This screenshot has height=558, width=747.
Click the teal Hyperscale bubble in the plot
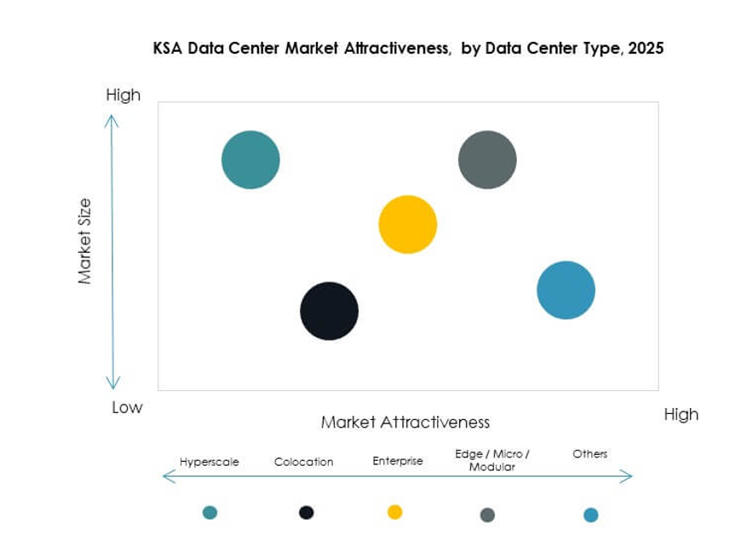pyautogui.click(x=250, y=159)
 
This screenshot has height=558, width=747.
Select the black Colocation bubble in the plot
pyautogui.click(x=329, y=311)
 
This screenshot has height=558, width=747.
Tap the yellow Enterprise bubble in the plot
pyautogui.click(x=407, y=224)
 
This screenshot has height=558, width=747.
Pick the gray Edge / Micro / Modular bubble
pyautogui.click(x=487, y=159)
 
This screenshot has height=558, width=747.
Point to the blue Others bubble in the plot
pyautogui.click(x=566, y=290)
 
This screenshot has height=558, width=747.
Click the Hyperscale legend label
pyautogui.click(x=209, y=462)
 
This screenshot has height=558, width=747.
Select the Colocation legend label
pyautogui.click(x=303, y=462)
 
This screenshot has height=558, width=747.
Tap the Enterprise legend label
pyautogui.click(x=397, y=461)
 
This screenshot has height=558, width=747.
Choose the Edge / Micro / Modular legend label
pyautogui.click(x=492, y=460)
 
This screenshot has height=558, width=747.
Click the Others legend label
pyautogui.click(x=589, y=454)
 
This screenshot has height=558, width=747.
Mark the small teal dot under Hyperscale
pyautogui.click(x=210, y=512)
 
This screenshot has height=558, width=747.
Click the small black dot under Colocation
pyautogui.click(x=306, y=512)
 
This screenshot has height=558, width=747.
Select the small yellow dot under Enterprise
pyautogui.click(x=394, y=512)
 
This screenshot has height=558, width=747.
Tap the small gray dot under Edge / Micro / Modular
pyautogui.click(x=487, y=515)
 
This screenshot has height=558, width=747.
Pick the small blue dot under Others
pyautogui.click(x=590, y=515)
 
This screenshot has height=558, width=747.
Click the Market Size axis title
pyautogui.click(x=85, y=241)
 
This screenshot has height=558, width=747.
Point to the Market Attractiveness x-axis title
pyautogui.click(x=405, y=422)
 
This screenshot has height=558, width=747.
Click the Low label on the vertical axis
pyautogui.click(x=127, y=407)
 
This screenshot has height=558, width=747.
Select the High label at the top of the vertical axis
pyautogui.click(x=123, y=95)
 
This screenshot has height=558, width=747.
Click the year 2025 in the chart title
pyautogui.click(x=644, y=49)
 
